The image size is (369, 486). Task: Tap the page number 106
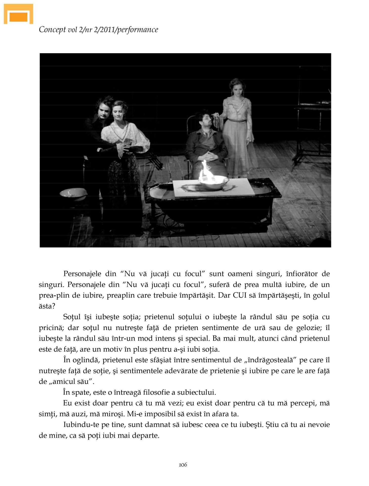183,464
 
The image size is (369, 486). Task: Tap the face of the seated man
205,120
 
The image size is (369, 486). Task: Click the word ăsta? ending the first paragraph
47,306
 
